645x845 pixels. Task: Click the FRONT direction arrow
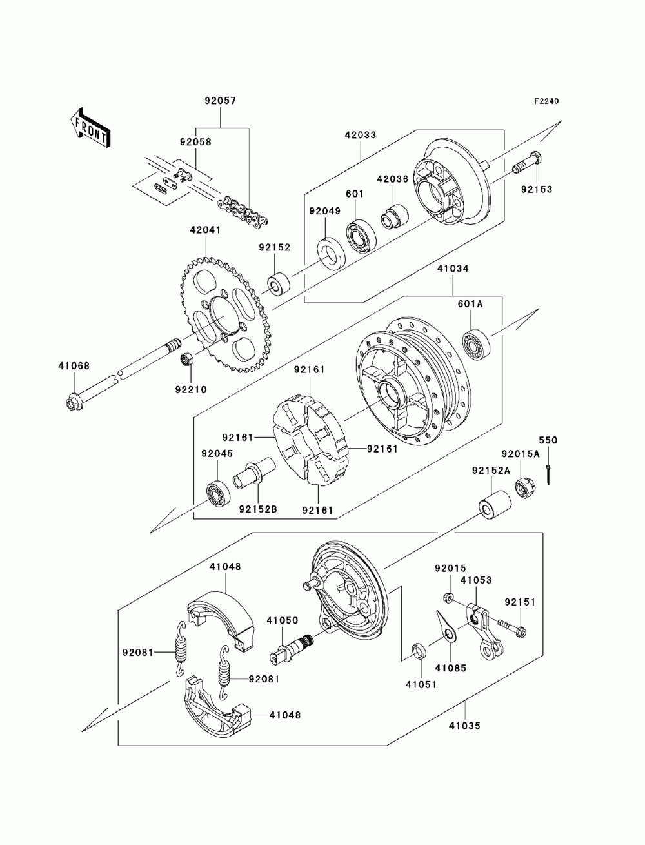(x=89, y=128)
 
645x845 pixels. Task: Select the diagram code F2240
(x=546, y=101)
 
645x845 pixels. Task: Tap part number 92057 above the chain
(x=221, y=101)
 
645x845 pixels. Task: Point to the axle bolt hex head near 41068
(x=73, y=403)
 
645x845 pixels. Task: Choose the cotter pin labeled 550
(x=548, y=474)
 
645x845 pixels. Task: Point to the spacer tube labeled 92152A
(x=495, y=504)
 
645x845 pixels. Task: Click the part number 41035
(x=464, y=726)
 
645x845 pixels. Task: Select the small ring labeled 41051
(x=419, y=651)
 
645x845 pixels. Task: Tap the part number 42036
(x=392, y=179)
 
